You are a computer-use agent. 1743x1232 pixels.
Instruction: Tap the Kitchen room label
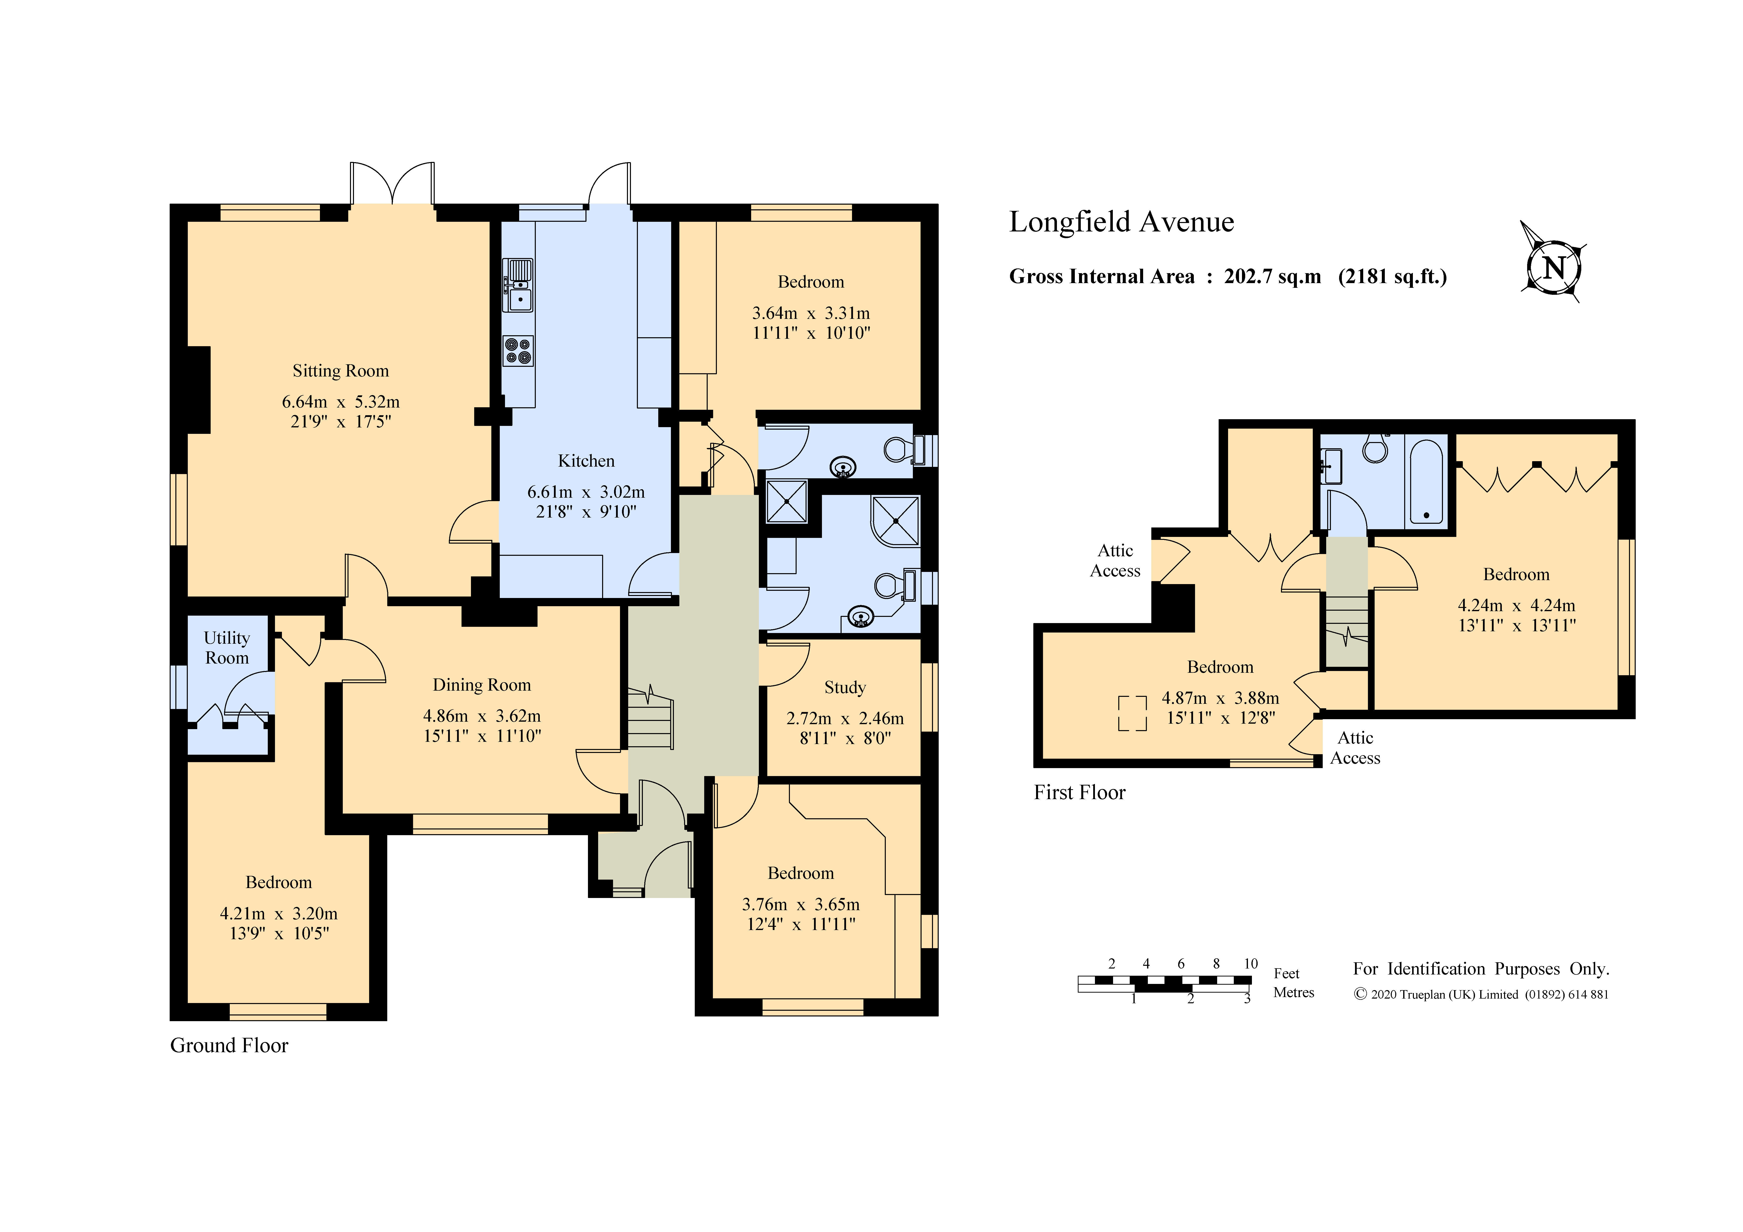point(586,461)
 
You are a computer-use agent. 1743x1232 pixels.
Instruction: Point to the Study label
point(845,688)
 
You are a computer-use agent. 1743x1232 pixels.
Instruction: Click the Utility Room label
point(226,647)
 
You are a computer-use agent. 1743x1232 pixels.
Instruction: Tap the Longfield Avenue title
point(1121,222)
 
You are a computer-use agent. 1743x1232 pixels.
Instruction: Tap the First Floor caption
point(1080,792)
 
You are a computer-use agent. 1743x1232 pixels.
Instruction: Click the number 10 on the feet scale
point(1250,963)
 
